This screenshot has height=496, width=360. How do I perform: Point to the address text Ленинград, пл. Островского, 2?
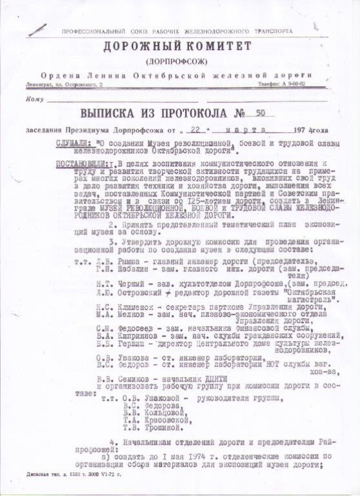tap(64, 85)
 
